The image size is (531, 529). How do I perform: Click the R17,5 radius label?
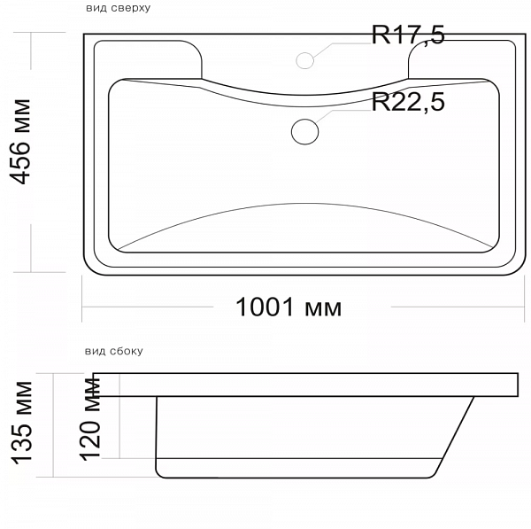(x=408, y=35)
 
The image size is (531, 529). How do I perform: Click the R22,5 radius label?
(x=408, y=102)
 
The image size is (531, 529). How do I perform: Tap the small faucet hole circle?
(x=304, y=61)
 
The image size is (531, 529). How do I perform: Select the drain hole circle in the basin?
(x=304, y=131)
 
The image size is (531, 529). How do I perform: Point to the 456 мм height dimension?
(x=19, y=142)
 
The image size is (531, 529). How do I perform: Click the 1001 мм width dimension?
(x=289, y=307)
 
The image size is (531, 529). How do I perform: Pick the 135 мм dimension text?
(x=22, y=423)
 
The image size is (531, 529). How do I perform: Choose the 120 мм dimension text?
(x=90, y=419)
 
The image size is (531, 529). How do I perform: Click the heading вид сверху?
(x=119, y=7)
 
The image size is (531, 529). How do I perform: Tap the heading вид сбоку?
(x=114, y=351)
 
